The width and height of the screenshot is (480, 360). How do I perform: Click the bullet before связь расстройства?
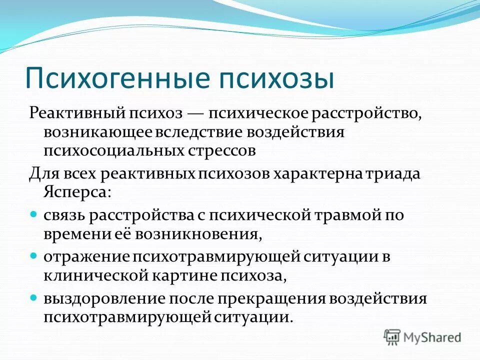[x=34, y=213]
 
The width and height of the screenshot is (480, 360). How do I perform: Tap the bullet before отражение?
[x=34, y=254]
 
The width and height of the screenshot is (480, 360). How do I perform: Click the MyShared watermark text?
[x=432, y=337]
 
